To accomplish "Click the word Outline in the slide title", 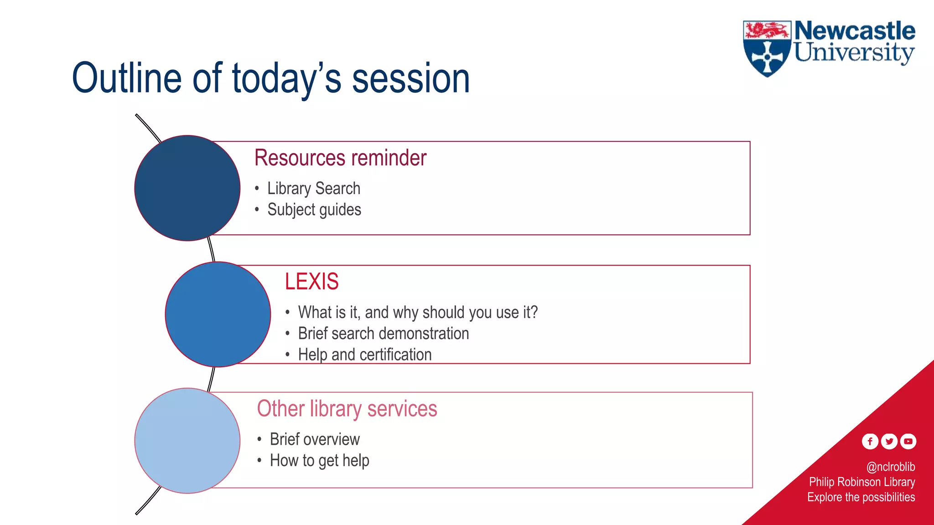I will tap(127, 78).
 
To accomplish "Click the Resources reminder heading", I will tap(340, 158).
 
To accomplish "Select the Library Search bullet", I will tap(314, 188).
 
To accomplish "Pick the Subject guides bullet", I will tap(314, 210).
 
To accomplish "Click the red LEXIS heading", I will tap(311, 281).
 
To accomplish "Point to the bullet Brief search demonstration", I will tap(383, 334).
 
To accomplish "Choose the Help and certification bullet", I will tap(364, 355).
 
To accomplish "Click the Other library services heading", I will tap(347, 408).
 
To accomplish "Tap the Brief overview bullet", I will tap(315, 439).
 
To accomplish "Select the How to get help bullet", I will tap(319, 460).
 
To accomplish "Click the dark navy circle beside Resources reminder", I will tap(187, 188).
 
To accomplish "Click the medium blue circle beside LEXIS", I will tap(218, 314).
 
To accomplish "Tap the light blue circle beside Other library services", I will tap(187, 440).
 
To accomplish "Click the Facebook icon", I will tap(870, 441).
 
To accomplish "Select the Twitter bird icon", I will tap(889, 441).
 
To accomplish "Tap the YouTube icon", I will tap(908, 441).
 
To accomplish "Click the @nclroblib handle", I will tap(890, 467).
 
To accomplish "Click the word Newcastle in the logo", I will tap(855, 31).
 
